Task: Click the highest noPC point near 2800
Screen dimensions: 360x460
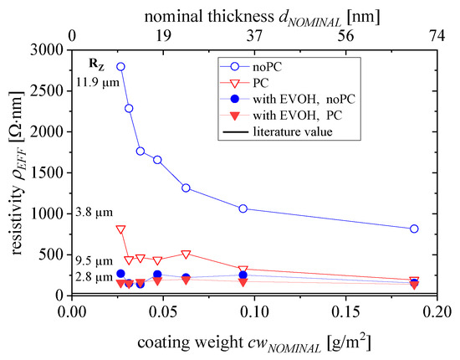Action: tap(120, 67)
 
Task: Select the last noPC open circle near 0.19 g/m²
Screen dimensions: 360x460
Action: tap(415, 229)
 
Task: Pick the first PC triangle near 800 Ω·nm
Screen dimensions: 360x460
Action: tap(120, 229)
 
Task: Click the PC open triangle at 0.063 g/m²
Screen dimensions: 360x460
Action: tap(186, 254)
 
